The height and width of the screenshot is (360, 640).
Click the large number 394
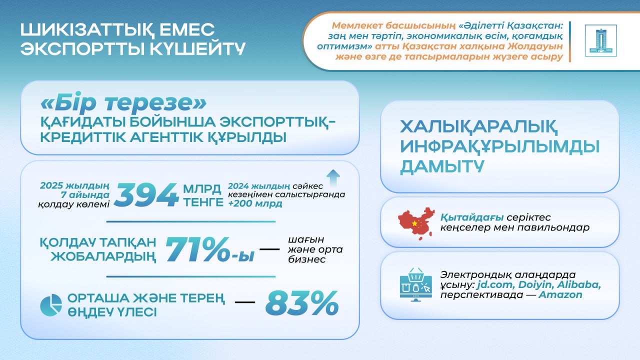(x=146, y=194)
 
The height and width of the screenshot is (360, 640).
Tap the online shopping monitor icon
(x=415, y=284)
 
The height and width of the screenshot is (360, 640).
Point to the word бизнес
(x=307, y=259)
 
